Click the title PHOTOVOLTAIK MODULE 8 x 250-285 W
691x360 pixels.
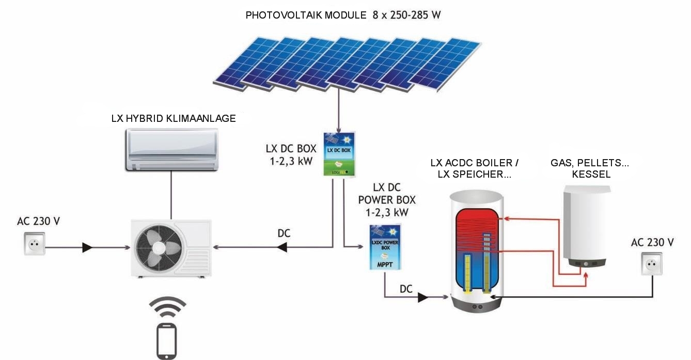point(343,14)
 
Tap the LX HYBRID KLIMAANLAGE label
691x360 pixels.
point(174,118)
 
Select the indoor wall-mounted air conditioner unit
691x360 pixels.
point(171,149)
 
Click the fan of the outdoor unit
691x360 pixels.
point(153,247)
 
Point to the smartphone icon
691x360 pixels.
point(167,340)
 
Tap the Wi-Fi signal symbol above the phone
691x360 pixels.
point(167,309)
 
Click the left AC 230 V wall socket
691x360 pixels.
point(34,244)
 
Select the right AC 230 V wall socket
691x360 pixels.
point(652,264)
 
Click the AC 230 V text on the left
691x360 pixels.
point(39,222)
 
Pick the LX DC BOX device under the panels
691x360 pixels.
point(338,154)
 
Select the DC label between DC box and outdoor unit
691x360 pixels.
point(284,233)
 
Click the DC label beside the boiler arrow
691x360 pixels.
point(406,289)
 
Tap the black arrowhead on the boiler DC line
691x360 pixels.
point(422,298)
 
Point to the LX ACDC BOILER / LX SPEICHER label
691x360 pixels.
point(475,169)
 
